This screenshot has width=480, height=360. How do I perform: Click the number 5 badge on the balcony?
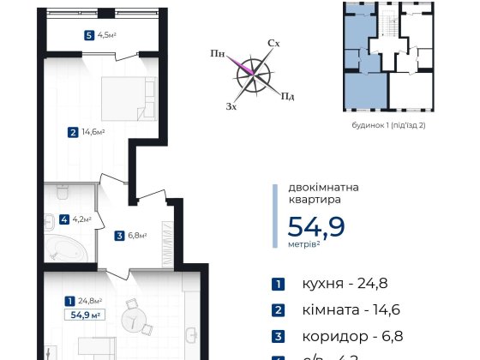point(89,36)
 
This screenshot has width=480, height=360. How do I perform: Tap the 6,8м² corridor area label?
point(138,235)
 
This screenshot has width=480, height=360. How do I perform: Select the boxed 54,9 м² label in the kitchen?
point(86,315)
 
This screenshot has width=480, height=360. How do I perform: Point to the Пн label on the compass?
point(219,53)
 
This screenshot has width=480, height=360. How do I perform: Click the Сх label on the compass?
point(274,42)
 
